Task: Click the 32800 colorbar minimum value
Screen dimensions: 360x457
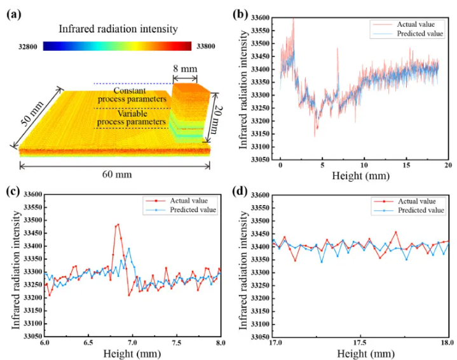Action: tap(30, 46)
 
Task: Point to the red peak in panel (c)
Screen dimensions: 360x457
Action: tap(118, 224)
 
